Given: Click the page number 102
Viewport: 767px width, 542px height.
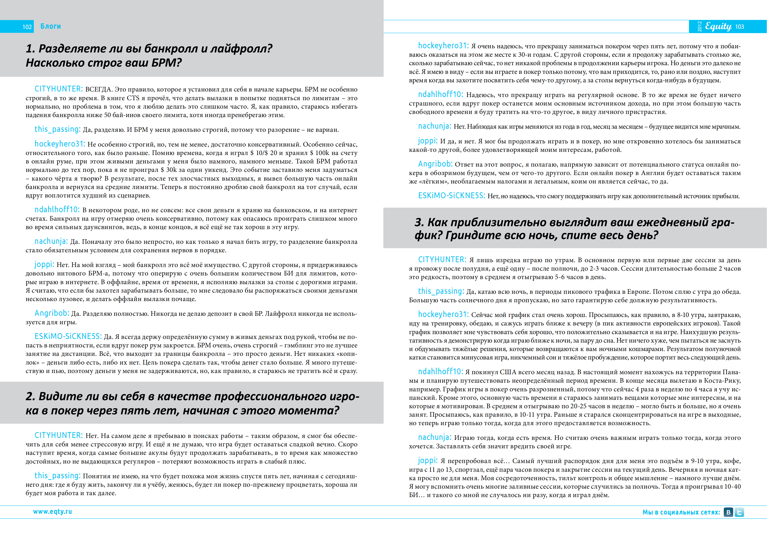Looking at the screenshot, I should pyautogui.click(x=27, y=27).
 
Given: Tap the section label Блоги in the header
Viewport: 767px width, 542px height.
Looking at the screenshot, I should pyautogui.click(x=50, y=26).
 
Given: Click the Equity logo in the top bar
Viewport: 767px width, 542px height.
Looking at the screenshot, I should pyautogui.click(x=718, y=26).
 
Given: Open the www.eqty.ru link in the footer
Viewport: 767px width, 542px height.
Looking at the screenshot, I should pyautogui.click(x=52, y=512).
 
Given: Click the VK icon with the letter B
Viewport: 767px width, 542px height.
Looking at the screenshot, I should pyautogui.click(x=728, y=512).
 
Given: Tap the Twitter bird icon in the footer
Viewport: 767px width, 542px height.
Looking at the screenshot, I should pyautogui.click(x=739, y=512).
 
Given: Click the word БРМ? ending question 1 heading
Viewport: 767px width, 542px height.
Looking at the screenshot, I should pyautogui.click(x=166, y=63).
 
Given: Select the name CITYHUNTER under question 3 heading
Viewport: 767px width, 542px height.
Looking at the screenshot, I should pyautogui.click(x=442, y=260).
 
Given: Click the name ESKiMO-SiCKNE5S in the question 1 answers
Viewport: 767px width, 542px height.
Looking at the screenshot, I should pyautogui.click(x=68, y=336).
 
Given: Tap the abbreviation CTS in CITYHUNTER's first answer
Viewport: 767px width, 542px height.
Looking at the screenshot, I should pyautogui.click(x=133, y=98).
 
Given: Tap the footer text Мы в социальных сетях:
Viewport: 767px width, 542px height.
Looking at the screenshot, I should pyautogui.click(x=681, y=512).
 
